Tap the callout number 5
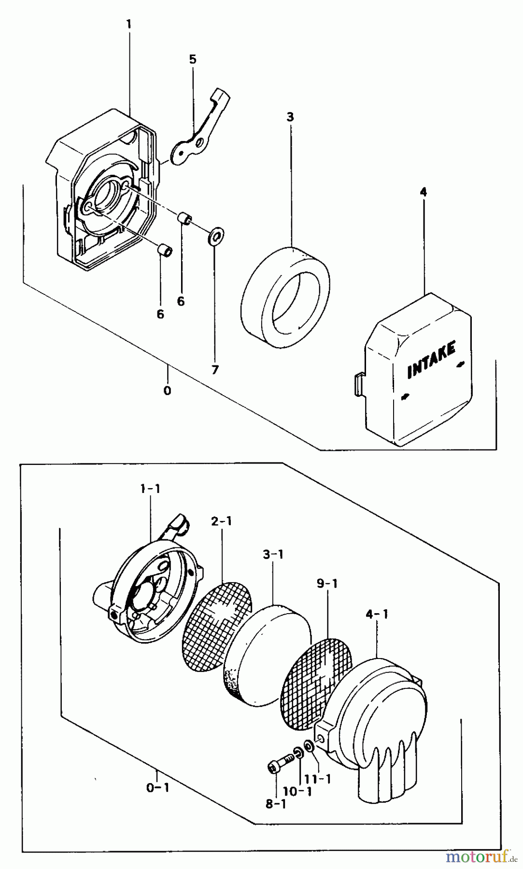click(x=193, y=59)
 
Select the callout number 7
click(x=215, y=370)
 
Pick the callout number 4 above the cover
click(x=424, y=192)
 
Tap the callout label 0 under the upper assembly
click(x=167, y=391)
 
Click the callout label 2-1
click(x=221, y=521)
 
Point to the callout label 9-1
click(x=327, y=584)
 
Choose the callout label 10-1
click(x=298, y=792)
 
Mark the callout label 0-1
click(x=157, y=788)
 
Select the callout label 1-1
click(x=150, y=489)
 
